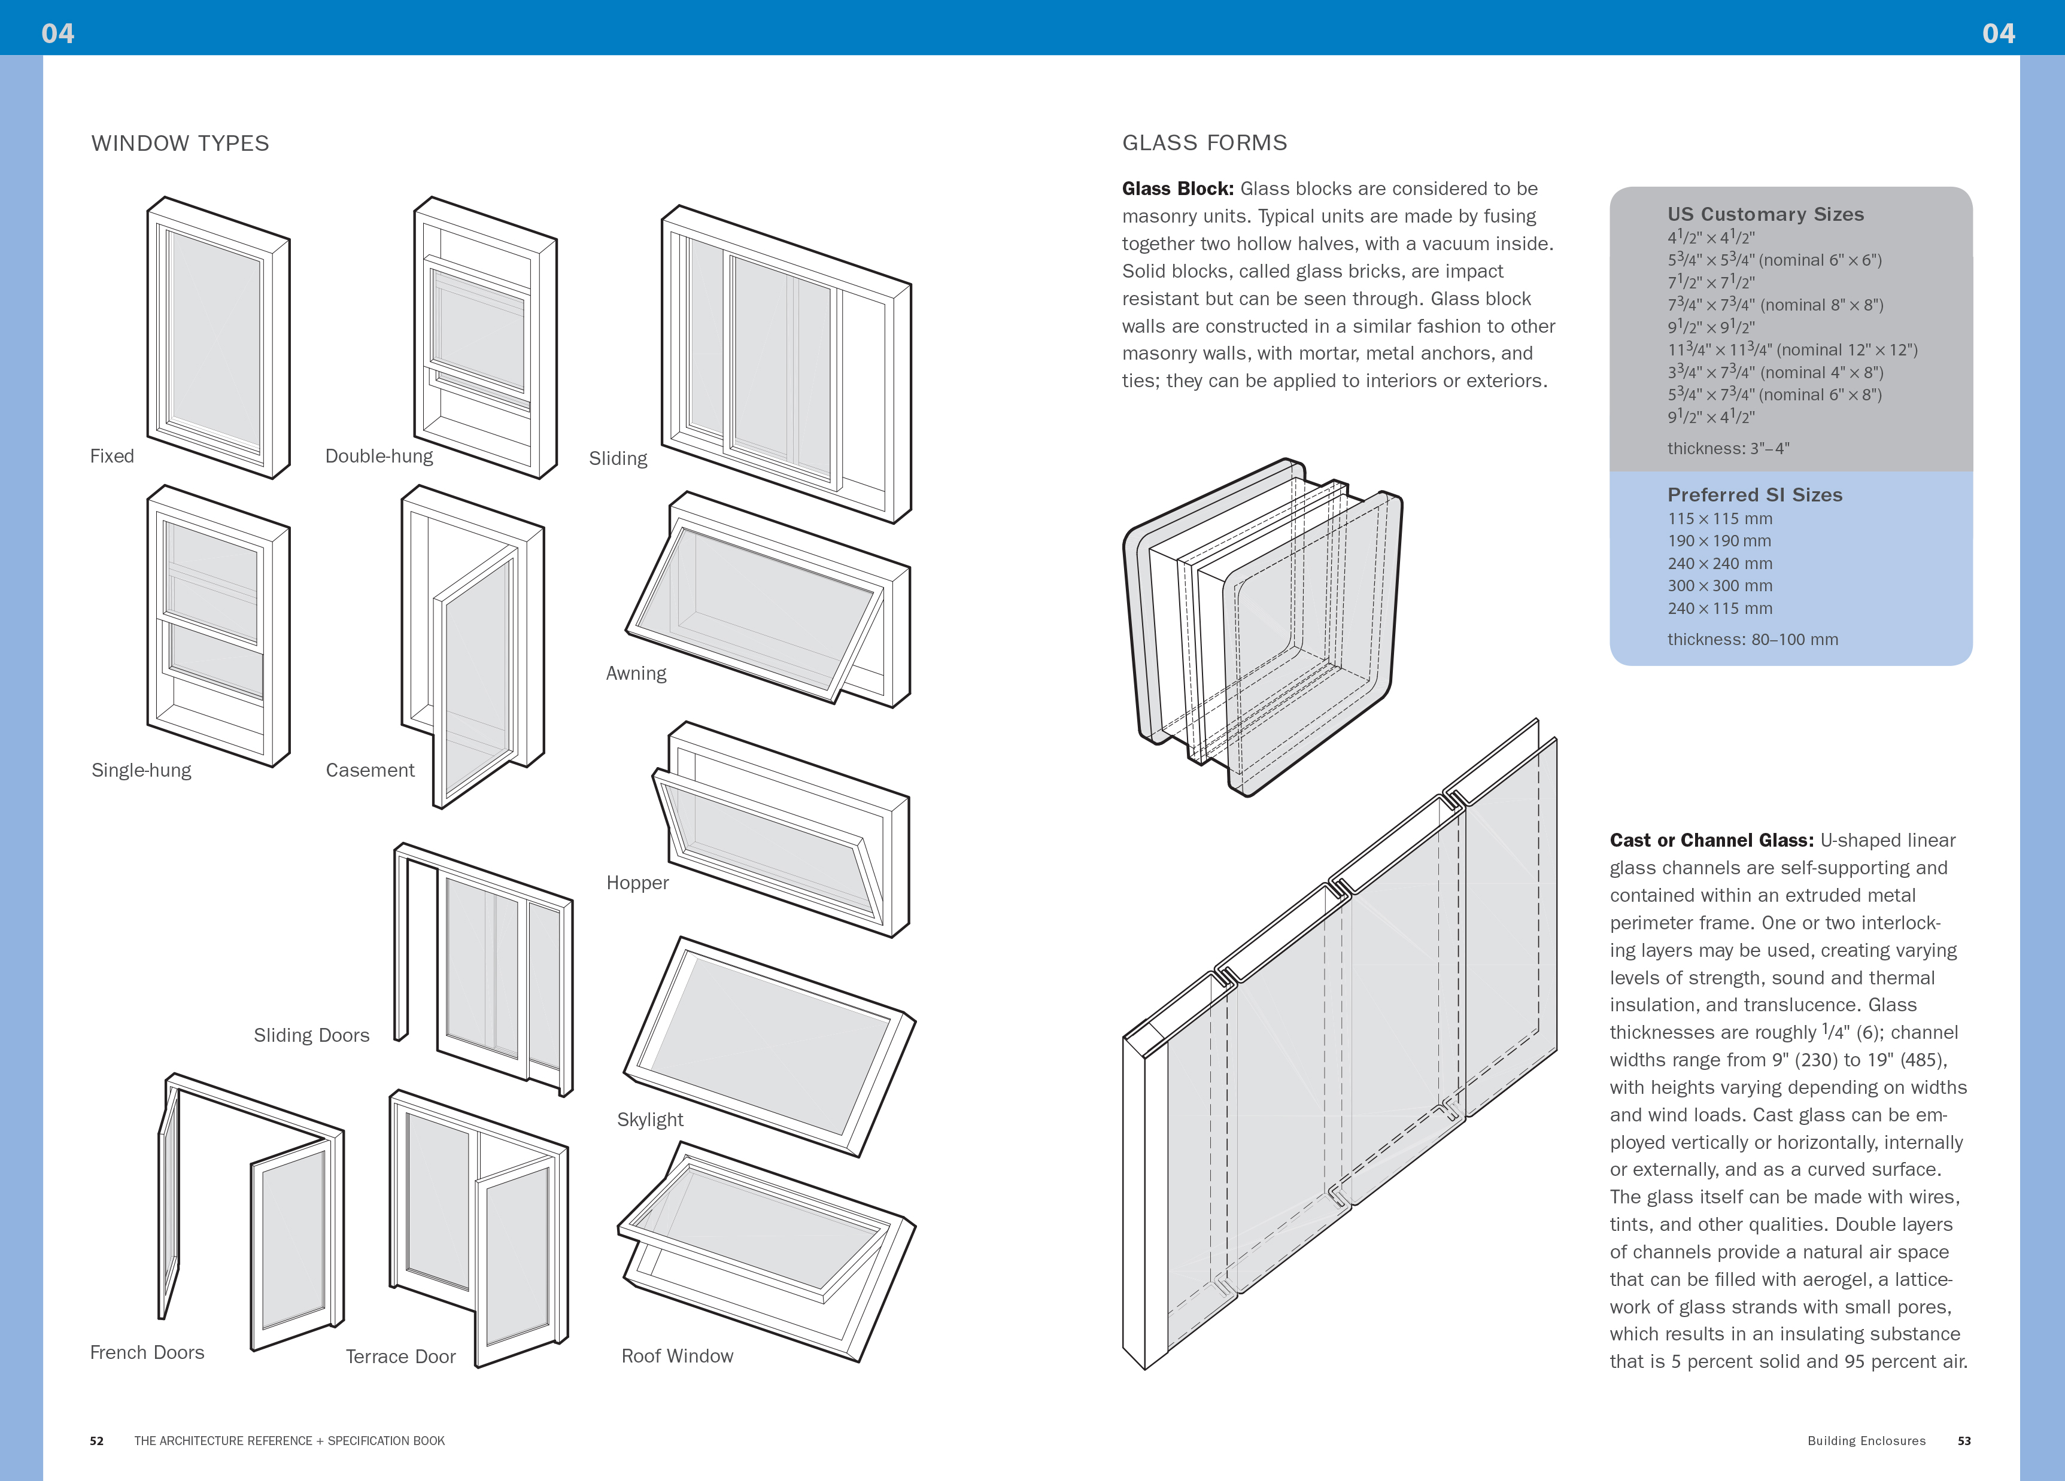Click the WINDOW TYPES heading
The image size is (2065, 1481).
click(180, 144)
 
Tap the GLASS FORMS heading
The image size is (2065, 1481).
click(1204, 143)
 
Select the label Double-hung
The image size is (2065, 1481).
click(379, 456)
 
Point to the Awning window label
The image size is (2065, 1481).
click(636, 674)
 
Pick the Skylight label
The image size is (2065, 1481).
click(649, 1120)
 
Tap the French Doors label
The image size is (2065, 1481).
click(147, 1353)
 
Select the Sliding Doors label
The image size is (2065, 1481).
click(311, 1035)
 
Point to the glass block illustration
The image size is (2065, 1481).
click(1261, 628)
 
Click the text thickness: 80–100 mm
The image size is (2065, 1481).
click(1752, 640)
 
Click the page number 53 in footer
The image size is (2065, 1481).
click(1964, 1441)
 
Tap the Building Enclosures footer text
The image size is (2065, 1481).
click(1866, 1441)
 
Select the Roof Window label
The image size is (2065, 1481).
click(676, 1357)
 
